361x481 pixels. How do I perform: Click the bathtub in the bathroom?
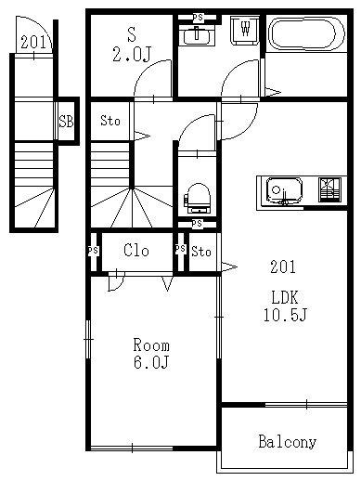click(x=306, y=33)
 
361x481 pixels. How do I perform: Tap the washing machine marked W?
click(x=245, y=30)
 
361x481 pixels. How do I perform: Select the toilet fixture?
click(x=198, y=199)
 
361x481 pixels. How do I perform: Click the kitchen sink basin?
click(x=284, y=191)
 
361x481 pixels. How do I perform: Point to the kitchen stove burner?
click(x=330, y=189)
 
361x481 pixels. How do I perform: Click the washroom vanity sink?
click(x=197, y=36)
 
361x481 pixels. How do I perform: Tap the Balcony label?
click(x=287, y=442)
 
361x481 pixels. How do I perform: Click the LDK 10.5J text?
click(x=285, y=306)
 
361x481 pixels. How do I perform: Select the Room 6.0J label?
click(x=151, y=354)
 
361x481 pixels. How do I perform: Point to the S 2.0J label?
click(x=132, y=45)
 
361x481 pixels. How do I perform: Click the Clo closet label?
click(x=136, y=250)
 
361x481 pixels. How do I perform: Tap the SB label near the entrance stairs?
click(x=67, y=121)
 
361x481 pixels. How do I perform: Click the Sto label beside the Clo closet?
click(x=201, y=252)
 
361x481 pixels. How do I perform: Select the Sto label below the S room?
click(x=110, y=121)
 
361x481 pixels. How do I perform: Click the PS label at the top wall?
click(x=198, y=18)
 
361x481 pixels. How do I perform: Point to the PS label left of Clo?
click(x=93, y=251)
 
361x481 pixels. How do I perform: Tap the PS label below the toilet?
click(x=197, y=223)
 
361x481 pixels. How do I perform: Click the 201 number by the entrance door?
click(x=33, y=42)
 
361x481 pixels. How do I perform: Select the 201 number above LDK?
click(x=283, y=266)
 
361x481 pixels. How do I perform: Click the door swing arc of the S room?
click(x=147, y=69)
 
